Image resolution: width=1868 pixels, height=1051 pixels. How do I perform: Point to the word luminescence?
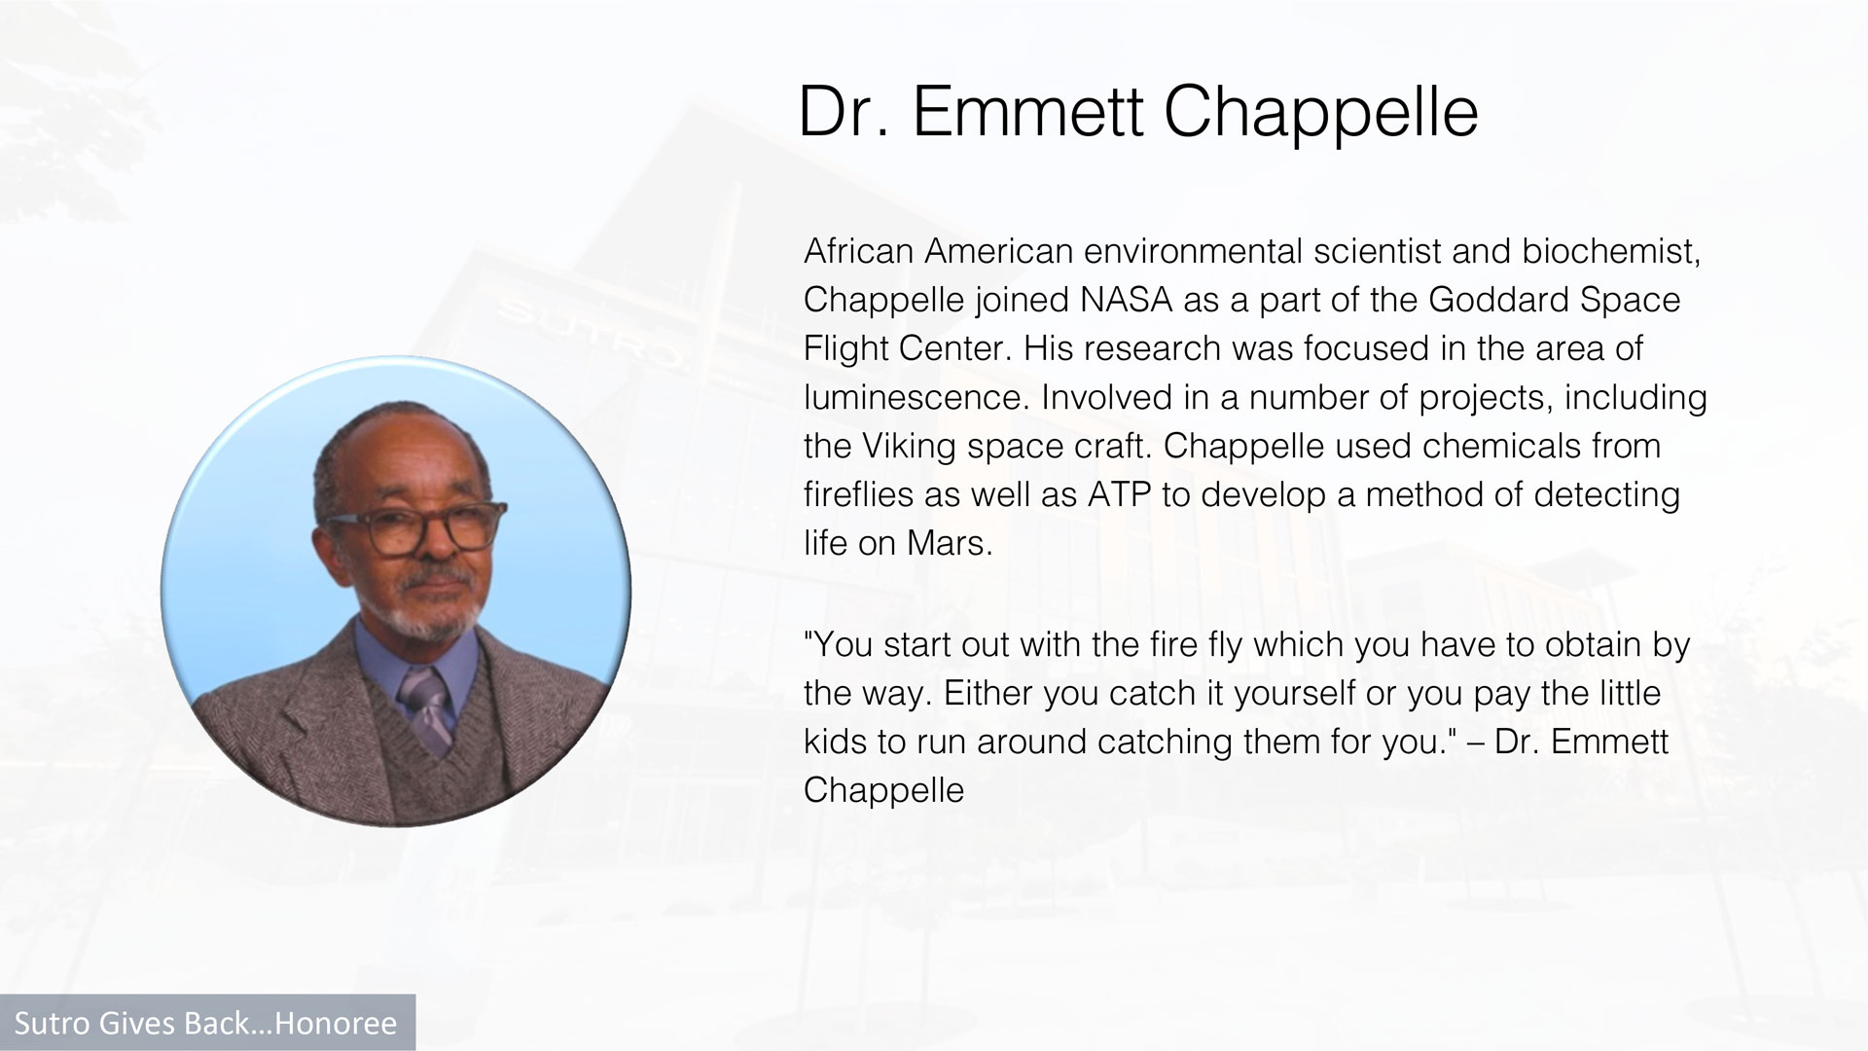pyautogui.click(x=916, y=397)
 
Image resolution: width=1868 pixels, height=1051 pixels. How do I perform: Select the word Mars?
pyautogui.click(x=950, y=543)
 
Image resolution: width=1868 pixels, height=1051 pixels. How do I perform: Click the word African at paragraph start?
pyautogui.click(x=859, y=251)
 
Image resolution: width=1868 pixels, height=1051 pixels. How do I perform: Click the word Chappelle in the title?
pyautogui.click(x=1320, y=113)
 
